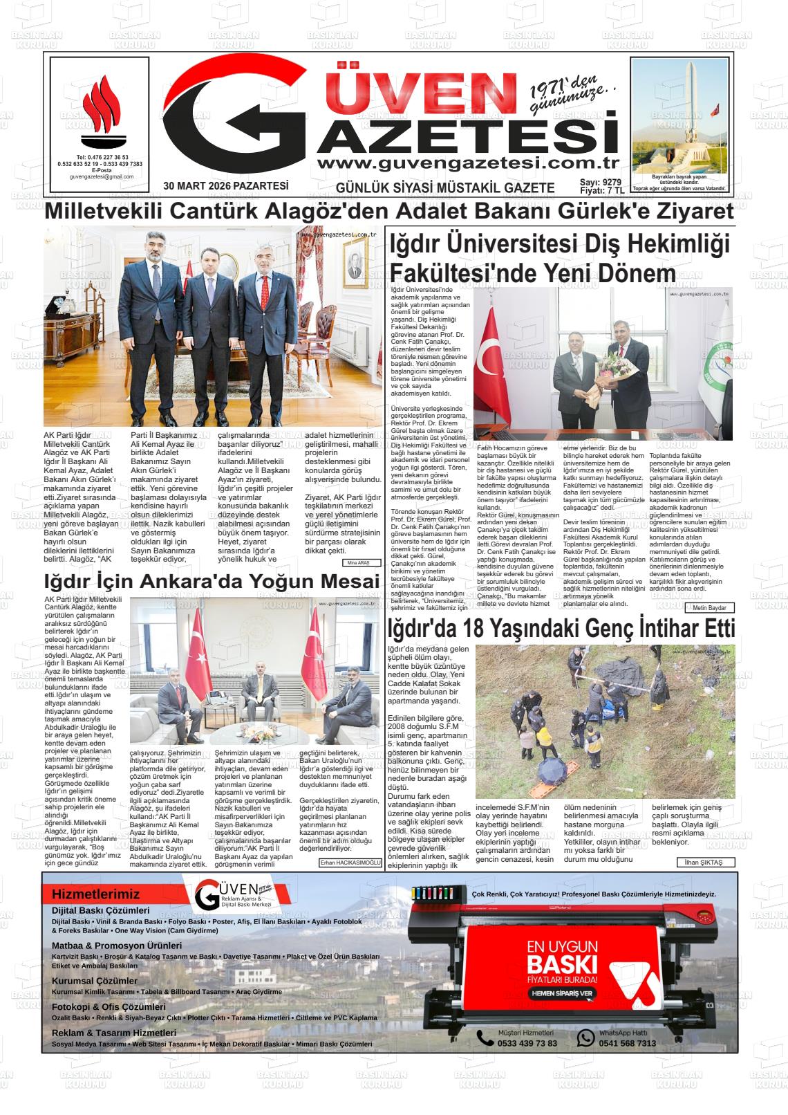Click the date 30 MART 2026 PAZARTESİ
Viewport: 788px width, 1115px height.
point(225,185)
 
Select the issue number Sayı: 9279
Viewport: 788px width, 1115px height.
point(600,182)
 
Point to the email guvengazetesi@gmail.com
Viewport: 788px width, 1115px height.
point(101,177)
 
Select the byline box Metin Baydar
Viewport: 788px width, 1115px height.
point(709,608)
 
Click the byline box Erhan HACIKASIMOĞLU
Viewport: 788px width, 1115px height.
point(350,863)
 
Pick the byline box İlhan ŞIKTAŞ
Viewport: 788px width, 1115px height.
point(705,863)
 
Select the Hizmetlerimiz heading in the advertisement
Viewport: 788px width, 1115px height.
point(95,894)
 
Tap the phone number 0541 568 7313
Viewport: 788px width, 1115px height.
point(628,1043)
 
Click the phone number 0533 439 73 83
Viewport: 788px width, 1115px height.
point(527,1043)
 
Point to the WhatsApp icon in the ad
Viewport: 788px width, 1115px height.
point(585,1038)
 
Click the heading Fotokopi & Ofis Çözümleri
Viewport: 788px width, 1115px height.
point(109,1007)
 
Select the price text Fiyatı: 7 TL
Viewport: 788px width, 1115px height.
point(602,190)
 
